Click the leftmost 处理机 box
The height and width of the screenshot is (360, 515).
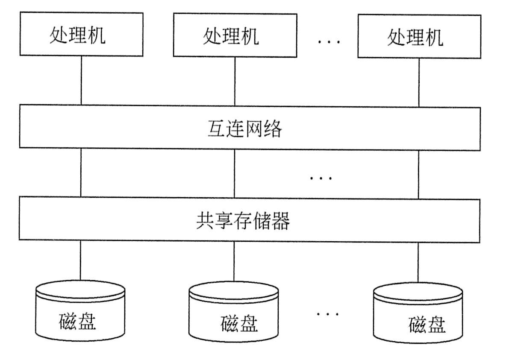(x=81, y=34)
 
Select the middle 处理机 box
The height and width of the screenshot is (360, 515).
(x=235, y=35)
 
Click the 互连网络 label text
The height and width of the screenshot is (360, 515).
(x=244, y=128)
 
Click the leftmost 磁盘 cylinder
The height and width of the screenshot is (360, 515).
(x=80, y=314)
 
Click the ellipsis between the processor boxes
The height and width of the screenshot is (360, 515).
(x=328, y=41)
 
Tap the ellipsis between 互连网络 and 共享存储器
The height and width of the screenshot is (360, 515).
(x=321, y=177)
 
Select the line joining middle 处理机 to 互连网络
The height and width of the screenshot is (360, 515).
(x=235, y=82)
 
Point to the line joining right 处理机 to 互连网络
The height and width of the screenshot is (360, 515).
(x=418, y=82)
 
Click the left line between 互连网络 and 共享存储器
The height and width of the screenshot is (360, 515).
(x=80, y=173)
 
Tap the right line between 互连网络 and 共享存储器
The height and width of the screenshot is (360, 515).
(x=418, y=175)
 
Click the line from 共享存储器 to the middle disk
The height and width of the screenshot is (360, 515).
(x=233, y=262)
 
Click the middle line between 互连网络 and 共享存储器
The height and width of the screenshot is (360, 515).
(x=234, y=173)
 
